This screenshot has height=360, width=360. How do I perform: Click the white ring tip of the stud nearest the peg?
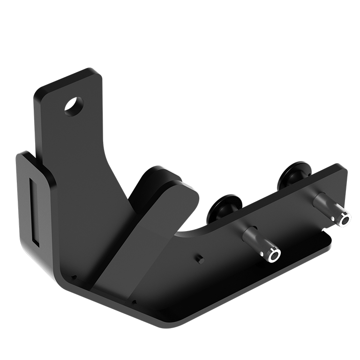pyautogui.click(x=274, y=255)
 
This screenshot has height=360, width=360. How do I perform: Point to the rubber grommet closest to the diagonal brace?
pyautogui.click(x=225, y=206)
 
